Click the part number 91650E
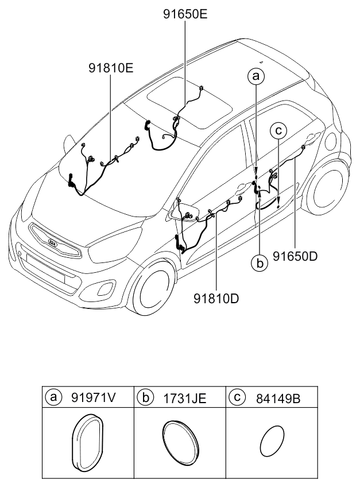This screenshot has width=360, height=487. (185, 14)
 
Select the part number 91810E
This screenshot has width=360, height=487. (111, 68)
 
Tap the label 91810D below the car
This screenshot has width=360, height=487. (216, 299)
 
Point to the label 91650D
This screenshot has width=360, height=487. (295, 256)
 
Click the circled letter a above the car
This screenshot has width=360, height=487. (256, 76)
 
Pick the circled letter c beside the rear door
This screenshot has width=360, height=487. (278, 131)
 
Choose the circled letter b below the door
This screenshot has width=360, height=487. (260, 264)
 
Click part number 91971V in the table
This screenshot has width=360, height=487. (93, 397)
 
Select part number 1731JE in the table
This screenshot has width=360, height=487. (185, 398)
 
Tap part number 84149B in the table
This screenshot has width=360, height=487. (278, 399)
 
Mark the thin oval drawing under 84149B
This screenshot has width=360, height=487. (272, 441)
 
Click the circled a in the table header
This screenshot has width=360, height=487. (53, 397)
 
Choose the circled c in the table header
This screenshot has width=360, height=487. (237, 397)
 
